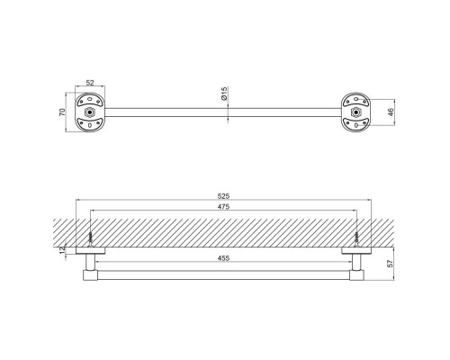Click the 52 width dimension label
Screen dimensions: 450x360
pos(90,83)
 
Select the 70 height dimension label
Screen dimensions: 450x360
pos(62,112)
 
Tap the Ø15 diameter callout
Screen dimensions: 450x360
pos(224,94)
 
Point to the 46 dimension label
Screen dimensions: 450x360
pos(391,112)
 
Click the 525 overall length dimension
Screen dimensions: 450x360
pos(223,196)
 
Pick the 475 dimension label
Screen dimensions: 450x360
pos(223,207)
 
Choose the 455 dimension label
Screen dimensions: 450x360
pos(223,258)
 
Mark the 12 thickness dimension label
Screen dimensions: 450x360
pos(62,250)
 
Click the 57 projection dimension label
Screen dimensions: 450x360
pos(390,264)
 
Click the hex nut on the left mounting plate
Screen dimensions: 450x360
pos(89,112)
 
